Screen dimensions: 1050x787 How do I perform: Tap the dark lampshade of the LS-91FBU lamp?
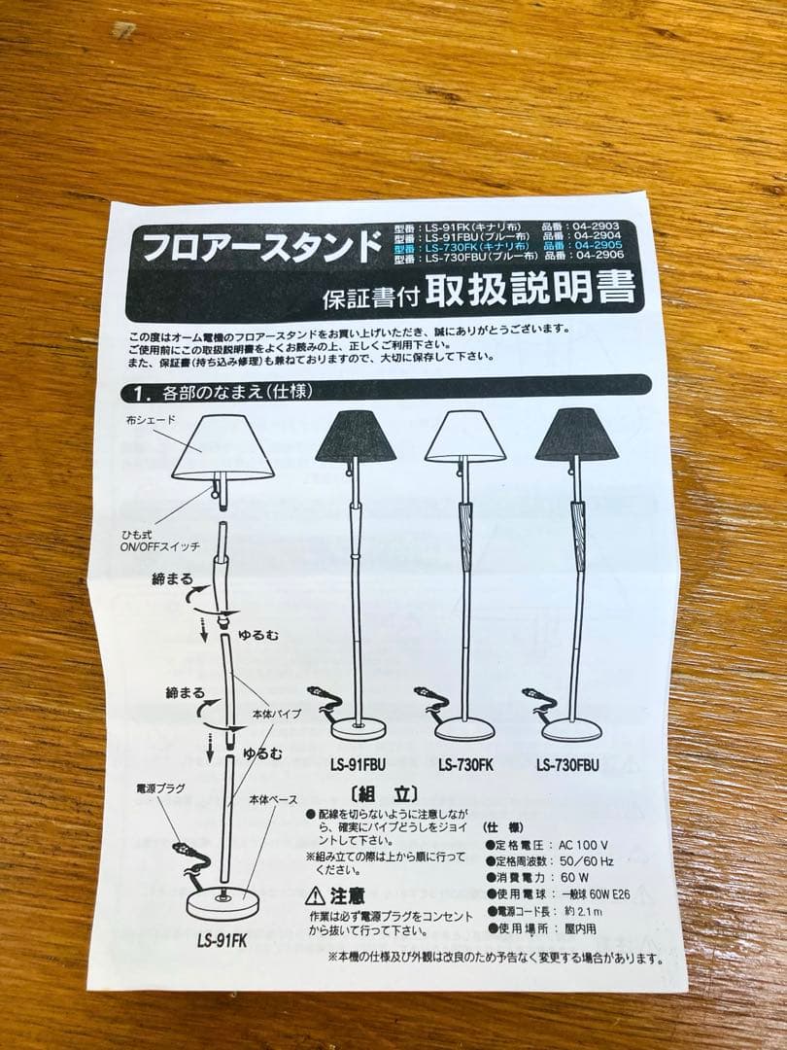(356, 436)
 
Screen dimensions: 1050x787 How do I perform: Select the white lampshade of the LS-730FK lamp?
(464, 437)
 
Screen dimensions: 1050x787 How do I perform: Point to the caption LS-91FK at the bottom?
(222, 940)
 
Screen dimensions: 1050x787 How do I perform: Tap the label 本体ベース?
(273, 799)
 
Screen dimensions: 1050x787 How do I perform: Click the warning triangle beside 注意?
(315, 894)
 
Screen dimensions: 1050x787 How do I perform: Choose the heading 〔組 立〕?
(383, 792)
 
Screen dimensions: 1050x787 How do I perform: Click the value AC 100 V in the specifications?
(583, 845)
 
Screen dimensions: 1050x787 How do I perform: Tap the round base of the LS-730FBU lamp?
(571, 729)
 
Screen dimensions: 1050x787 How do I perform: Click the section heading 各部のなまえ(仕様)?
(228, 393)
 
